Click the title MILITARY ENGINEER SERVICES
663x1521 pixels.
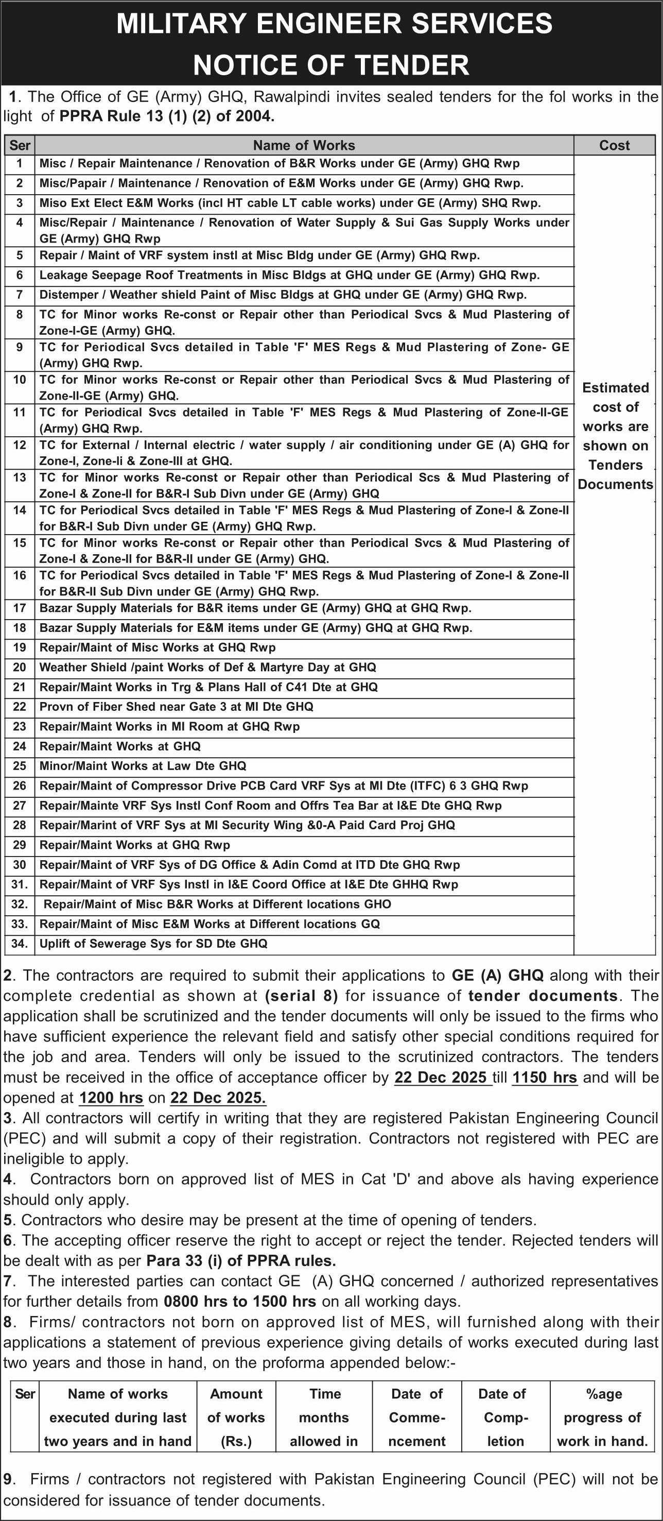click(334, 24)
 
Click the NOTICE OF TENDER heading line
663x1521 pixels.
click(331, 64)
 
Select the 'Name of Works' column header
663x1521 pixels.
click(304, 145)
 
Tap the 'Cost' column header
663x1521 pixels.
click(614, 145)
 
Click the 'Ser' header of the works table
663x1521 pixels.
click(20, 145)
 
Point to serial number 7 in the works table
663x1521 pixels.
click(20, 294)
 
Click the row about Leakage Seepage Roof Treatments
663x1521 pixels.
click(289, 275)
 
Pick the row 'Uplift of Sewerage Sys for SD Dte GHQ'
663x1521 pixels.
click(153, 944)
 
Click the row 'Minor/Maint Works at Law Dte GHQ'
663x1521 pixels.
click(143, 766)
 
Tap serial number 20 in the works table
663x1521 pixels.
click(20, 667)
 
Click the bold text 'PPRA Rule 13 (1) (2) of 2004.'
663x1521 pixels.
click(167, 116)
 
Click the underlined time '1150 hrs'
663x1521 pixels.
click(544, 1078)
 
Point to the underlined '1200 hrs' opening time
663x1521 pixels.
click(112, 1098)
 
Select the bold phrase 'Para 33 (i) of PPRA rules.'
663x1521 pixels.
click(241, 1260)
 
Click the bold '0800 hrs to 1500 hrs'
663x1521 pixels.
click(239, 1301)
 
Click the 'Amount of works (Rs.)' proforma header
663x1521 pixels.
click(236, 1417)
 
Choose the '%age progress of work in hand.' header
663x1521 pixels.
click(602, 1417)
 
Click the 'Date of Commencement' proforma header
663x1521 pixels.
click(416, 1417)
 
